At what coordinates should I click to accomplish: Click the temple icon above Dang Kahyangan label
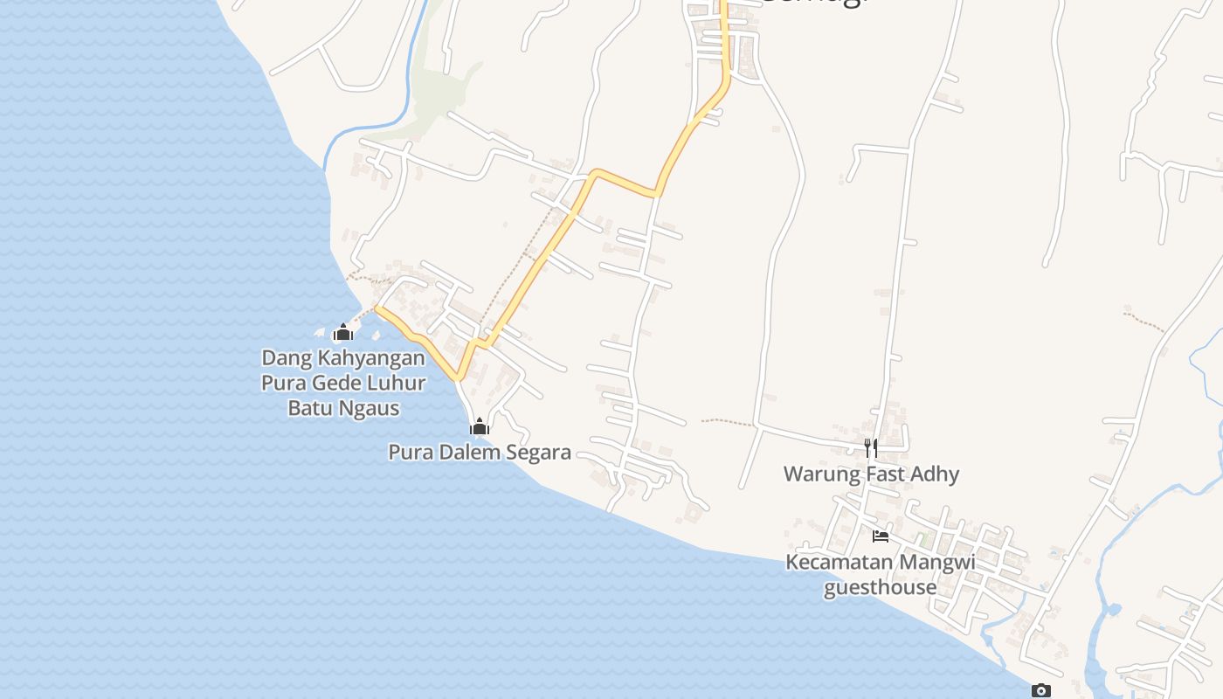(x=343, y=332)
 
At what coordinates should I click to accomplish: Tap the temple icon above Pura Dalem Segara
(x=479, y=426)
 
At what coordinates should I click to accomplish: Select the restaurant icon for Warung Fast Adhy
(x=870, y=448)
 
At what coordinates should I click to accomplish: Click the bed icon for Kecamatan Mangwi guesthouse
(x=881, y=536)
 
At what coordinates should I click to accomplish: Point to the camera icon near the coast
(x=1040, y=690)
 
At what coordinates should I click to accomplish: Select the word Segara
(x=535, y=453)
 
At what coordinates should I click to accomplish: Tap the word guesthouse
(x=881, y=587)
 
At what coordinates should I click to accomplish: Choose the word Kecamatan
(x=840, y=562)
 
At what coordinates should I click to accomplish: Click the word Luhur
(x=398, y=383)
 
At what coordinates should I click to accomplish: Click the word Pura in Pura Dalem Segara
(x=408, y=453)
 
